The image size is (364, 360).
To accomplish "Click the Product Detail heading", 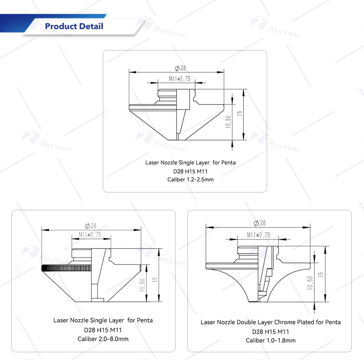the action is pos(74,26).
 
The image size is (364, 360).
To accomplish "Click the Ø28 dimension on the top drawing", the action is pos(180,68).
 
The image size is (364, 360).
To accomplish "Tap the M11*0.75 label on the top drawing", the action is pos(179,79).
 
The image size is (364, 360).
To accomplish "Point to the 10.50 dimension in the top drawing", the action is pos(228,122).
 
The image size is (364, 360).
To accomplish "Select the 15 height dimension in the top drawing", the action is pos(239,113).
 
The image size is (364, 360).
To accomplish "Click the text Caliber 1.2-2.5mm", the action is pos(190,179).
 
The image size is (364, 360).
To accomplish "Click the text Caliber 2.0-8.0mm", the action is pos(103,339).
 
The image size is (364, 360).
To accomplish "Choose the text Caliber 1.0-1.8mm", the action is pos(270,340).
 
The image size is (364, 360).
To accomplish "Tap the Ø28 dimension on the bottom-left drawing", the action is pos(91,226).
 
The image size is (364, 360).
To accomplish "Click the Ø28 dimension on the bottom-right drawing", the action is pos(259,223).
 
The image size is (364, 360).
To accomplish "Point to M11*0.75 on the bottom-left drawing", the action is pos(90,235).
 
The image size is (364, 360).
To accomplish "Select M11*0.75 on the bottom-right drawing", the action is pos(258,235).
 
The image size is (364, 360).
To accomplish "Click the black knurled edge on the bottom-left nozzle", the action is pos(66,268).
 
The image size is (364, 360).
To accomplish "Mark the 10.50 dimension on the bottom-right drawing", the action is pos(310,283).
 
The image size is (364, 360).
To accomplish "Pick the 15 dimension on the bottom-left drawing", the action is pos(154,279).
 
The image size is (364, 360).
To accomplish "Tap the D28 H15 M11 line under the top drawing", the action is pos(190,172).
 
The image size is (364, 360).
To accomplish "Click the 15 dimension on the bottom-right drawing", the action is pos(321,274).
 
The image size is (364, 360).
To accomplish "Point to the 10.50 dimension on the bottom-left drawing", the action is pos(142,285).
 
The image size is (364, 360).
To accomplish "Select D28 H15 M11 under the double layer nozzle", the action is pos(270,332).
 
